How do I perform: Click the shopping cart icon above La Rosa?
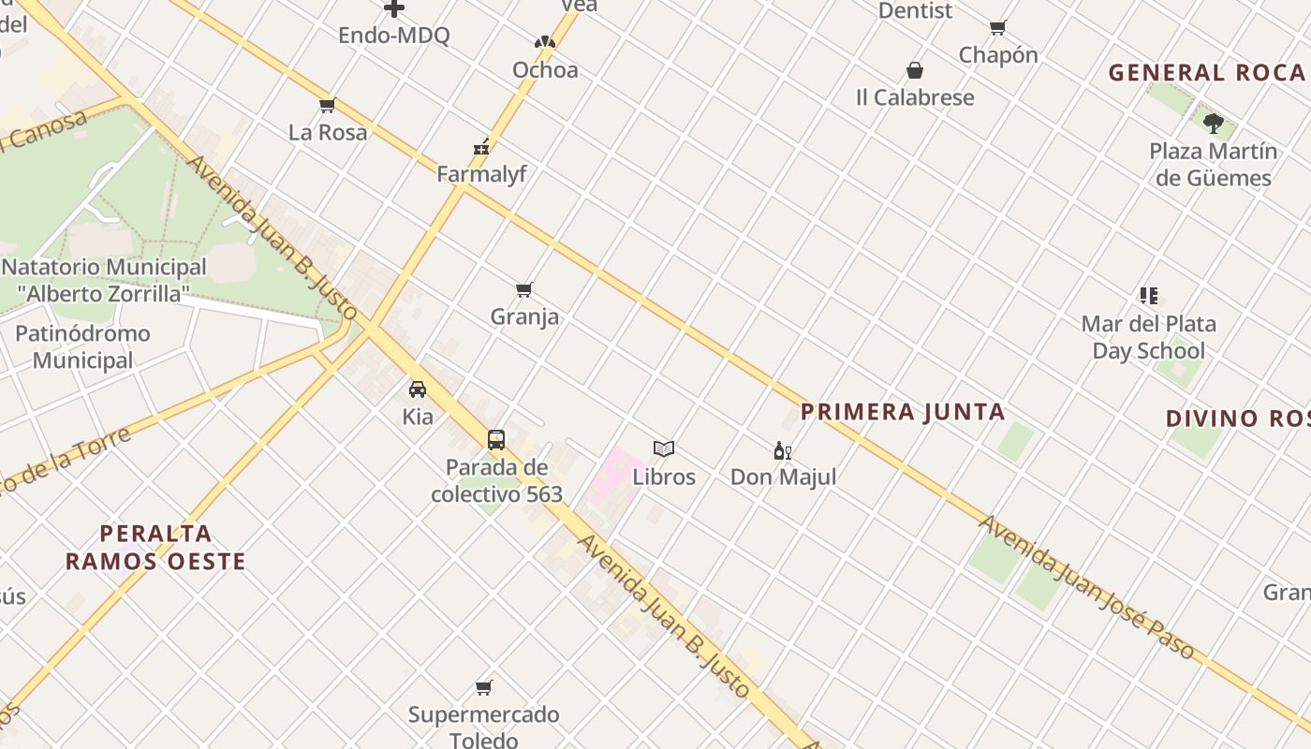pos(327,105)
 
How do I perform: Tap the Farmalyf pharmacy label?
pos(482,174)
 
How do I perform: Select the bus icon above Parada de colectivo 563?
pos(496,439)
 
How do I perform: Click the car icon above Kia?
pos(418,389)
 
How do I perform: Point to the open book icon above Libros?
pos(664,449)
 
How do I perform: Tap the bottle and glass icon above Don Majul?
pos(783,450)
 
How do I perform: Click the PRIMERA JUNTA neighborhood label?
pos(903,412)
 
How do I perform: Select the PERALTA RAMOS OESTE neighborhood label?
pos(155,548)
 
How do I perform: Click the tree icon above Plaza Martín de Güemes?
pos(1214,123)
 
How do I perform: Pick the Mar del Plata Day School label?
pos(1148,338)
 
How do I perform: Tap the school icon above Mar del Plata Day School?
pos(1149,296)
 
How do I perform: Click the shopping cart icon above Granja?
pos(524,290)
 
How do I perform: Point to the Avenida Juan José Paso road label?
pos(1086,587)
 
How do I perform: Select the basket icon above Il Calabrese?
pos(915,70)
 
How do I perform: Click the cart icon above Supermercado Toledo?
pos(484,688)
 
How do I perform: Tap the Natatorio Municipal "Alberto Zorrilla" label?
pos(103,280)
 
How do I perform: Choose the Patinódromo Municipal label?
pos(82,346)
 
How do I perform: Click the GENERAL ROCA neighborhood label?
pos(1207,73)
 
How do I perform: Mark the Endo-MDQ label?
pos(393,36)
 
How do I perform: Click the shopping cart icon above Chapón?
pos(998,28)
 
